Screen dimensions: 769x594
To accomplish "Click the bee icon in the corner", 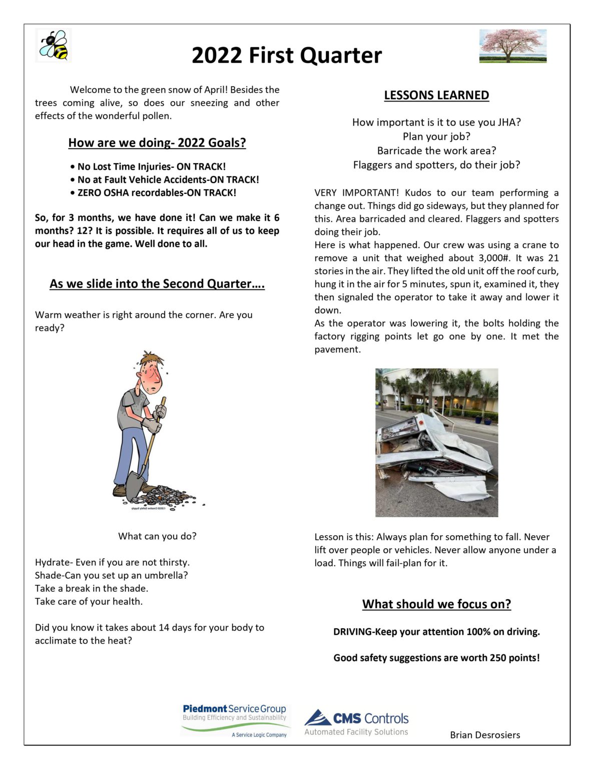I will (x=54, y=45).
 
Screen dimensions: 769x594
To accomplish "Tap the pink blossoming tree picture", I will (x=512, y=46).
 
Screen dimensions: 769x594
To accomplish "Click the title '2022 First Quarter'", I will (x=286, y=56).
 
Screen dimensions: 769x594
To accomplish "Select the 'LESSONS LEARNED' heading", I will (x=436, y=95).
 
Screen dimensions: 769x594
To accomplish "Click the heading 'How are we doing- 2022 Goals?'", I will (x=157, y=143).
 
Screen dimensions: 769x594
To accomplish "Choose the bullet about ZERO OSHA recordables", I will (x=156, y=193).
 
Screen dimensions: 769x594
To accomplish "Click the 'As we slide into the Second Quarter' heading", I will (x=157, y=284).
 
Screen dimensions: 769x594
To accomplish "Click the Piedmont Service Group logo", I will (x=234, y=720).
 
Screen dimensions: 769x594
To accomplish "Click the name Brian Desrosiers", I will (x=485, y=735).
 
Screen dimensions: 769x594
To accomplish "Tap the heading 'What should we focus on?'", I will (x=436, y=604).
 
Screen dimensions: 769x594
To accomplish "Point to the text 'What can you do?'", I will (x=157, y=536).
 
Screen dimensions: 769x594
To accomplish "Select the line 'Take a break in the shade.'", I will (x=92, y=588).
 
